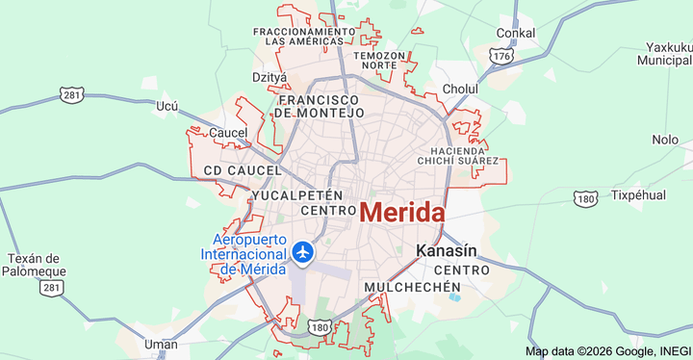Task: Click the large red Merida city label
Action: [402, 213]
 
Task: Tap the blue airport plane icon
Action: [304, 252]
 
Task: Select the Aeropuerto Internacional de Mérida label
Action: [244, 254]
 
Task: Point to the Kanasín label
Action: [446, 251]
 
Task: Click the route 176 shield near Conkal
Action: [500, 57]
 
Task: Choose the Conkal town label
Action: [515, 34]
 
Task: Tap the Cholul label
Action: [460, 89]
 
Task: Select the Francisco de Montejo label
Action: [320, 106]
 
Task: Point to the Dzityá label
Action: [269, 77]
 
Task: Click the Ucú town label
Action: [167, 106]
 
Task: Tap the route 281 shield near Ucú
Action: [71, 94]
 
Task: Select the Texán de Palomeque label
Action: [34, 265]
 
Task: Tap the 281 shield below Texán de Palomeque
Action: [52, 288]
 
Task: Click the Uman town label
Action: [160, 344]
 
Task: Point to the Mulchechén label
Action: [413, 287]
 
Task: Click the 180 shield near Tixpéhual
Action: [585, 198]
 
